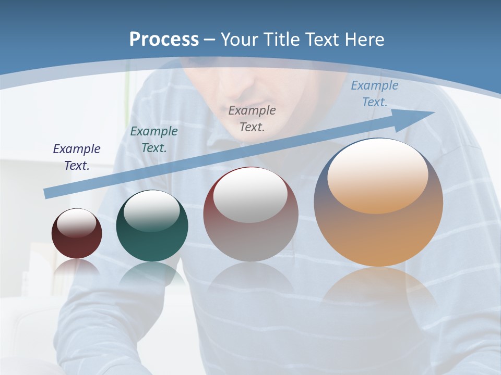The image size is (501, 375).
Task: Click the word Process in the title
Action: pyautogui.click(x=164, y=40)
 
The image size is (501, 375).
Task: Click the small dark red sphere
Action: pyautogui.click(x=77, y=241)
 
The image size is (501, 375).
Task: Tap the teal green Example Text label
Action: pyautogui.click(x=154, y=140)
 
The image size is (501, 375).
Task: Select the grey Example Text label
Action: pyautogui.click(x=252, y=118)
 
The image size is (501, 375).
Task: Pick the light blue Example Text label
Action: pyautogui.click(x=375, y=94)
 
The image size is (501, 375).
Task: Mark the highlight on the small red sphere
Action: pyautogui.click(x=76, y=223)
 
